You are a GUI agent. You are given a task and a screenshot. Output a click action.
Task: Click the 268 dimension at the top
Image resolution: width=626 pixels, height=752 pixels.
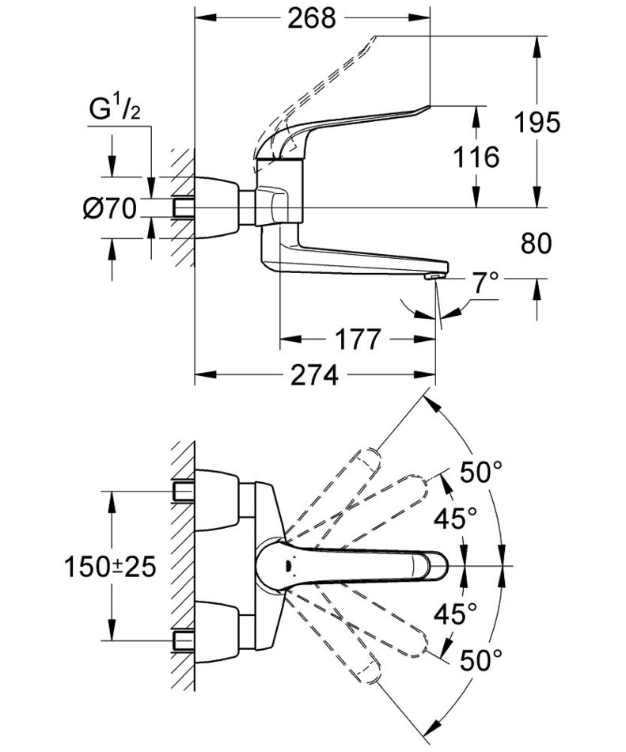pos(313,17)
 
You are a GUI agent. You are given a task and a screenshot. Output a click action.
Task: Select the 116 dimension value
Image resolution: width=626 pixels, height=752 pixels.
pos(477,157)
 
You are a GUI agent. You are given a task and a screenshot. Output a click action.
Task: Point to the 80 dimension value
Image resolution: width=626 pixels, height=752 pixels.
pos(537,244)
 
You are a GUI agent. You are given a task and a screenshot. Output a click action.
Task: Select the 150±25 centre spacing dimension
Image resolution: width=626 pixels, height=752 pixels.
pos(110,566)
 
